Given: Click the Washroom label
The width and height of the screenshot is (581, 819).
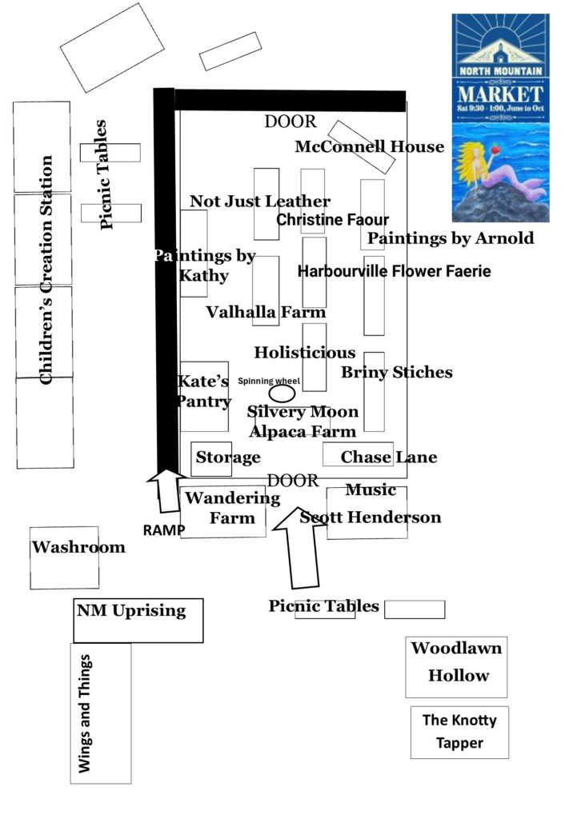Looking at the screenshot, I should point(78,547).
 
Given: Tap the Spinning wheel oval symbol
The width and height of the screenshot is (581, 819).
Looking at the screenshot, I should point(282,394).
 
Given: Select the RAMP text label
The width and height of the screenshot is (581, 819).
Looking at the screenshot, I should point(164,529).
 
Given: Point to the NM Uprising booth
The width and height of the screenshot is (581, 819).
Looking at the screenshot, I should point(138,620).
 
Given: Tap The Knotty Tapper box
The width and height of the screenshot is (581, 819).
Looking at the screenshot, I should point(459,732).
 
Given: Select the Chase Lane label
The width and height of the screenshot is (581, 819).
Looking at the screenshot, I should point(389,457).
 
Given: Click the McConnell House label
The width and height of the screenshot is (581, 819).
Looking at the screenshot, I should point(369,147).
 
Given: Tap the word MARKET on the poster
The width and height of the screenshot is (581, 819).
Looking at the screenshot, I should point(500,90).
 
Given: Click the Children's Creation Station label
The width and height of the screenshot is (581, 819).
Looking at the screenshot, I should point(46,270).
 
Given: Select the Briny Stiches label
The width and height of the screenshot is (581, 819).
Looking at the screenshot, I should point(396,372).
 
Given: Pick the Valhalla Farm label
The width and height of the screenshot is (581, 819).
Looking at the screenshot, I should point(266,312).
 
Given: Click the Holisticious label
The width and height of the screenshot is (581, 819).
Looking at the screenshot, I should point(305,352).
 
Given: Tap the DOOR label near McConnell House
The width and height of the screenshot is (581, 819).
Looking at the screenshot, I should point(290,122).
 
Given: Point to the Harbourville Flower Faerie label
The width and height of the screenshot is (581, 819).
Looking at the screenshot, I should point(394,272).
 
